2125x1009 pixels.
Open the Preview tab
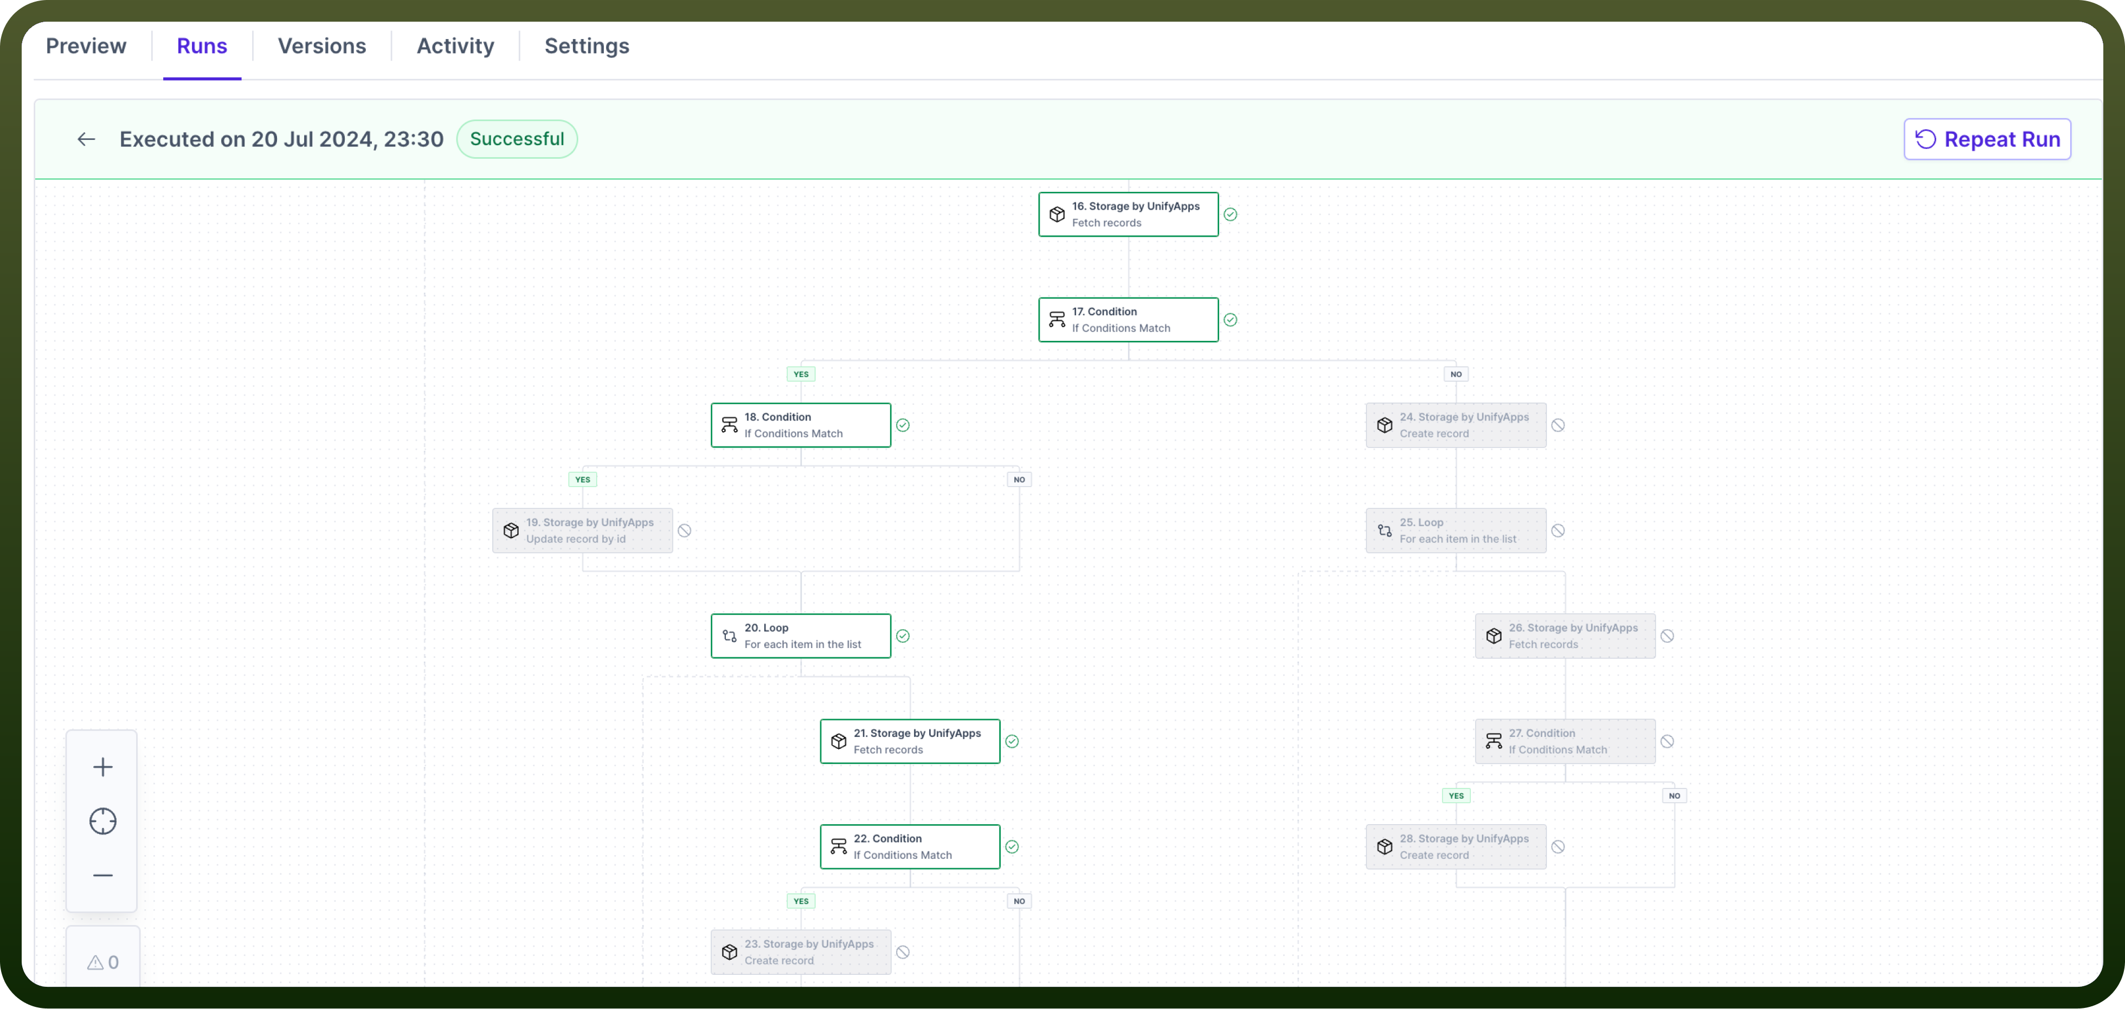pyautogui.click(x=86, y=46)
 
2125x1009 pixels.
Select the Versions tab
pyautogui.click(x=321, y=46)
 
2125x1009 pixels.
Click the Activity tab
pyautogui.click(x=455, y=46)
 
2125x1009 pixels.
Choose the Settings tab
pyautogui.click(x=587, y=46)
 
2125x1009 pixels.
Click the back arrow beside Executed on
pyautogui.click(x=87, y=139)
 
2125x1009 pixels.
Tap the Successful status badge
pyautogui.click(x=517, y=139)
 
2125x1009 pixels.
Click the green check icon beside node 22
pyautogui.click(x=1012, y=846)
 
